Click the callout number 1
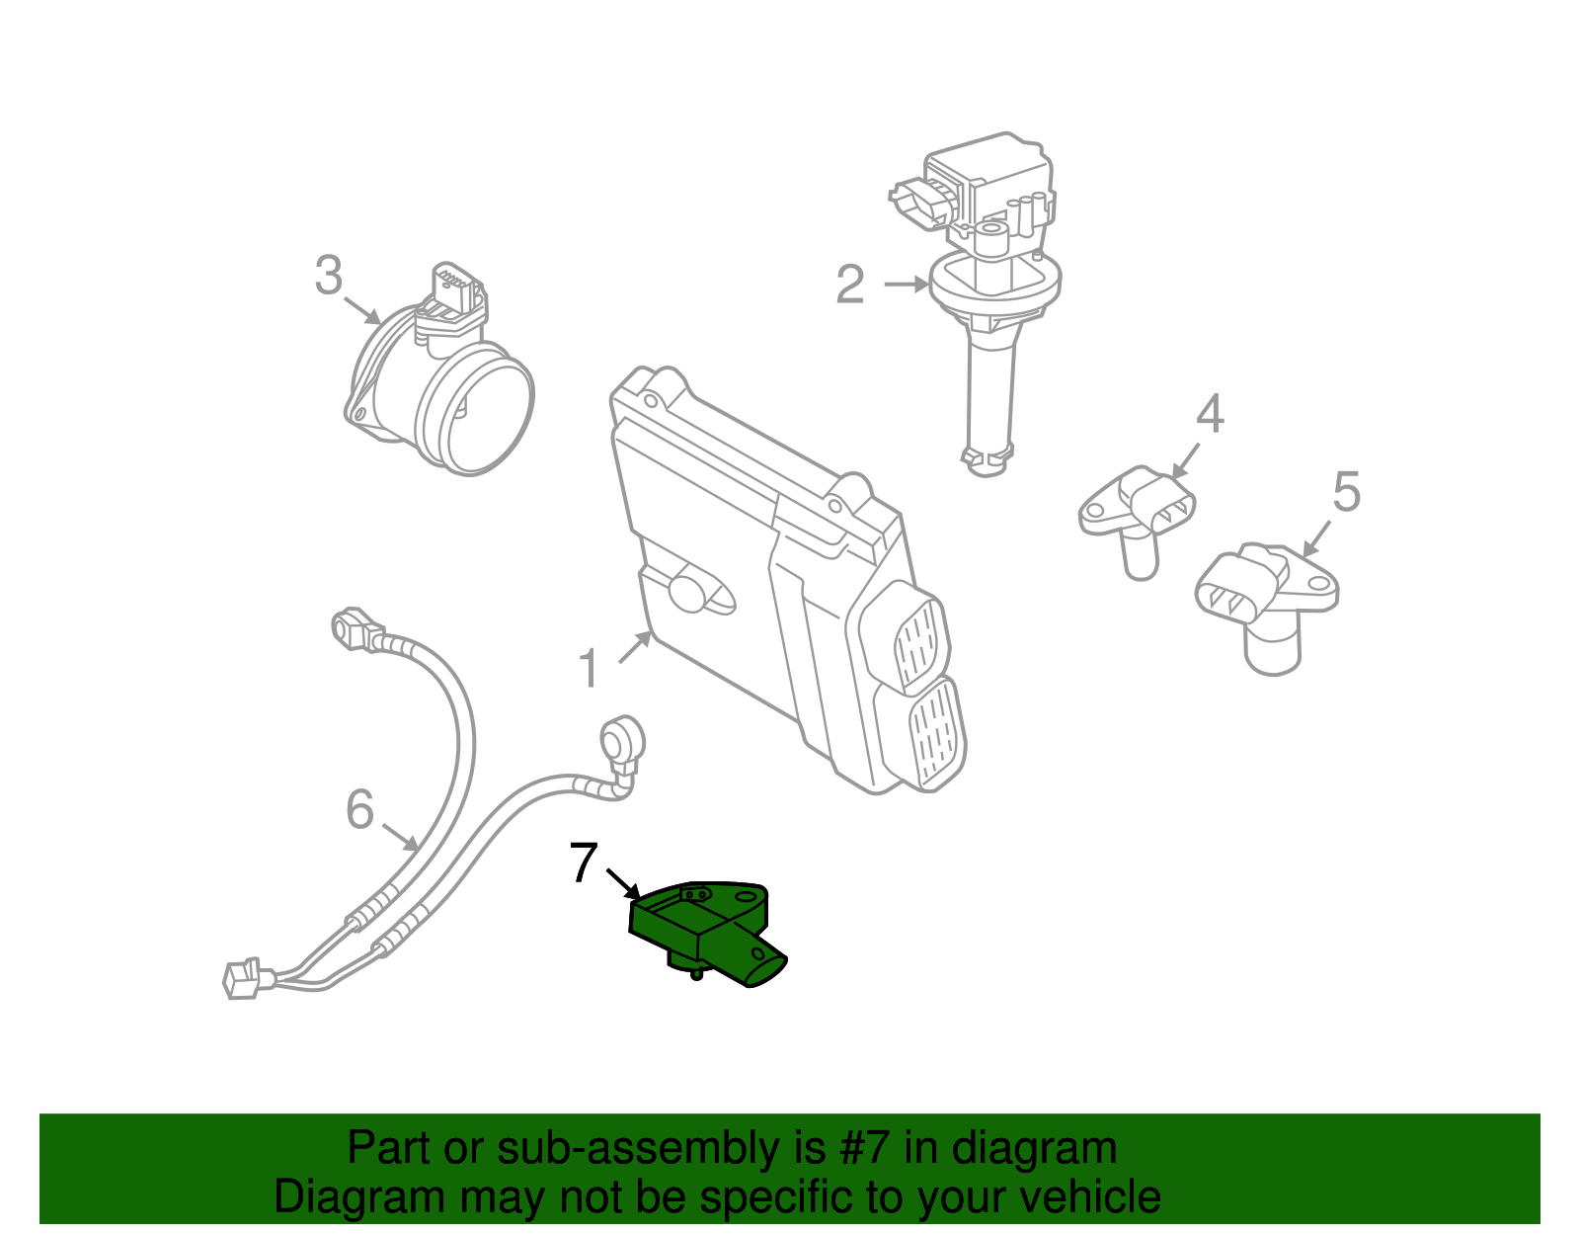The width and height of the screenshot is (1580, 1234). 589,669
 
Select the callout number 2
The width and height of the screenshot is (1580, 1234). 849,285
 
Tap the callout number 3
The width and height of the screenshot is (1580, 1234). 329,276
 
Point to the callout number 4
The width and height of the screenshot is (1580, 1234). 1210,414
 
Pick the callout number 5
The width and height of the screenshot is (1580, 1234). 1346,491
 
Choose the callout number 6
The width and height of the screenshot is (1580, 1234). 359,809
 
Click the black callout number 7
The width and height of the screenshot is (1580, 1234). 584,864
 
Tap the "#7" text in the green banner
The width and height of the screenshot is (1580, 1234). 865,1148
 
